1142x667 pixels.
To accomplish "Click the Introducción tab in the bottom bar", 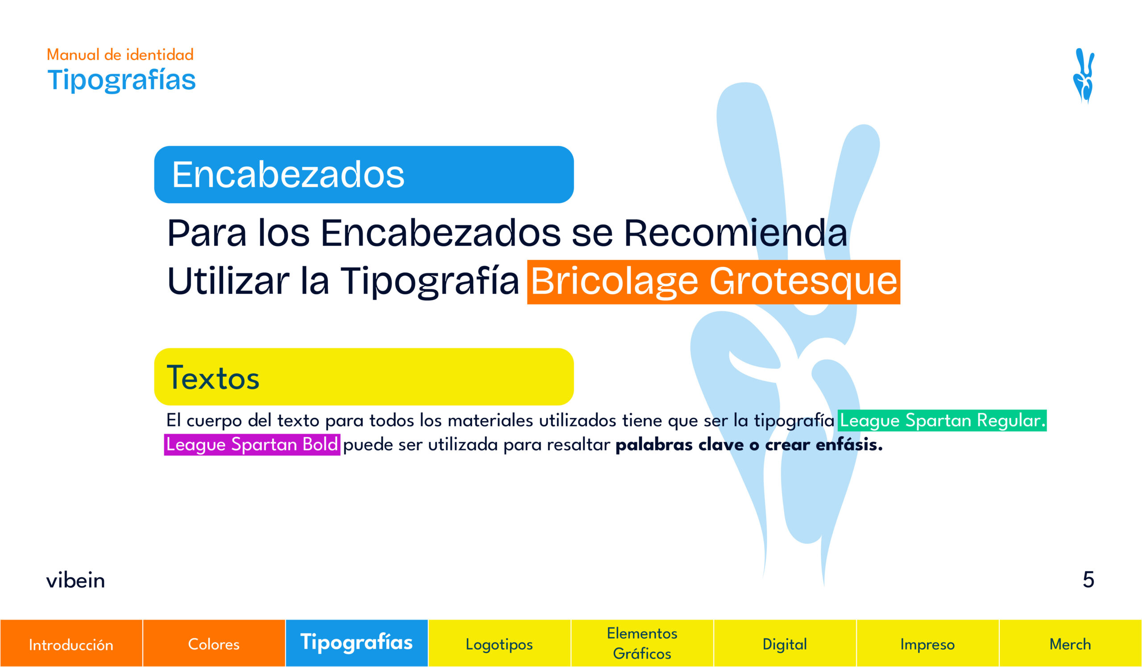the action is pos(71,643).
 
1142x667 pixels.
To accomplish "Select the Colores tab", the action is pos(214,643).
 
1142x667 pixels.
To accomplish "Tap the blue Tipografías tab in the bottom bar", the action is pos(356,643).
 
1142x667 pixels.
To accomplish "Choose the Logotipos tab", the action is pos(499,643).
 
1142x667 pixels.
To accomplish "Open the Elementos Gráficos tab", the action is pos(642,643).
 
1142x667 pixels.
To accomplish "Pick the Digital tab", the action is pos(785,643).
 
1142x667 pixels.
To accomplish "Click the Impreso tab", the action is pos(927,643).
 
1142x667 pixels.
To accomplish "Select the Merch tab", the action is pos(1070,643).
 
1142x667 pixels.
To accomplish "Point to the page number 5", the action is pos(1088,579).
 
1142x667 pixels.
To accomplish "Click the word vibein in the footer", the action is pos(76,580).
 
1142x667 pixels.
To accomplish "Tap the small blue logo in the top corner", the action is pos(1084,76).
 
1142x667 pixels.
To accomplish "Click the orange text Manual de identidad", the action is pos(120,54).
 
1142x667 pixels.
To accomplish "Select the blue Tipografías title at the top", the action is pos(121,81).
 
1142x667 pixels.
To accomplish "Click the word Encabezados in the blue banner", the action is pos(288,175).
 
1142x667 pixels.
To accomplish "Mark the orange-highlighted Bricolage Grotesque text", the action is pos(714,282).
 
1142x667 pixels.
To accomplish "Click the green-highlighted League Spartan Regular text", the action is pos(942,420).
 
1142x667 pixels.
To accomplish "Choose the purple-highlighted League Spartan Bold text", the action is pos(252,444).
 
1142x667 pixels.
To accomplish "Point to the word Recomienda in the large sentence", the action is pos(736,233).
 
